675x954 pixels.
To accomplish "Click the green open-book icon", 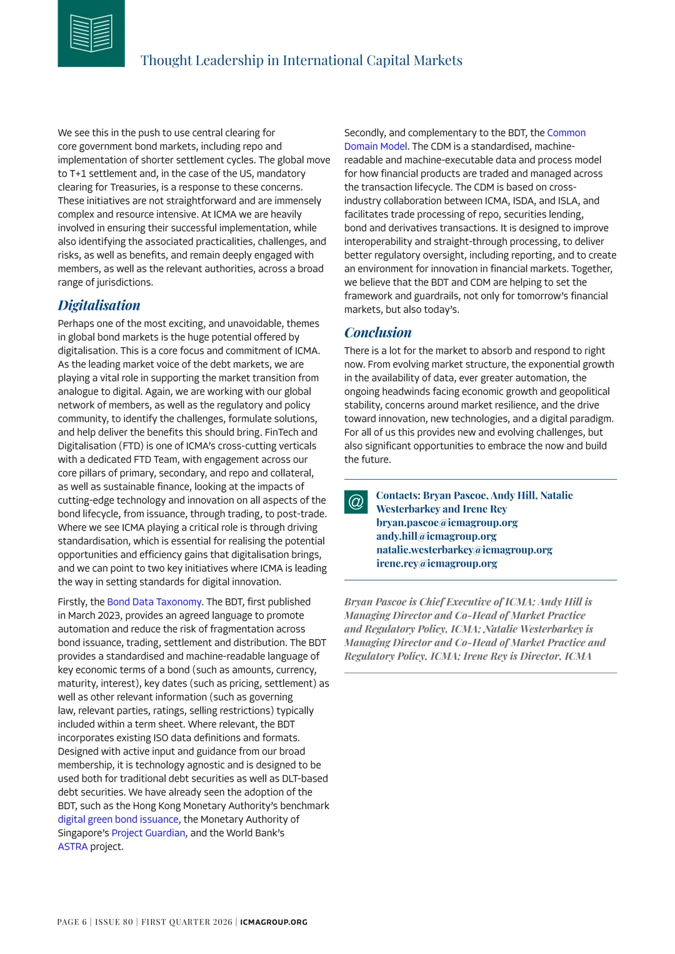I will tap(91, 33).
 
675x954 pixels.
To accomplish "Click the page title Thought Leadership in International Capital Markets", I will tap(301, 61).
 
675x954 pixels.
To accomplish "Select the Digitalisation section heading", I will tap(99, 306).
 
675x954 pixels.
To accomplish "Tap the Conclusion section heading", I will tap(377, 333).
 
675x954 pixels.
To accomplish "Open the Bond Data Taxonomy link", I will tap(155, 602).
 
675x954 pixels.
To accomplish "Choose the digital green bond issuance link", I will tap(118, 819).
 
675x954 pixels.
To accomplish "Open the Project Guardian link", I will tap(148, 833).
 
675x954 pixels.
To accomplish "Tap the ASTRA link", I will tap(72, 847).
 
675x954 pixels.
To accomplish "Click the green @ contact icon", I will tap(356, 502).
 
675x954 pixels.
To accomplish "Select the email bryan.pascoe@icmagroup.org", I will tap(447, 522).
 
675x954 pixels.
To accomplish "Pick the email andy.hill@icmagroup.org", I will tap(436, 536).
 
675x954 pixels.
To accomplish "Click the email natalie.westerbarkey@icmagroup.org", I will tap(464, 550).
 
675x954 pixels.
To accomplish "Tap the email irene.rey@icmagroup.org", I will tap(437, 564).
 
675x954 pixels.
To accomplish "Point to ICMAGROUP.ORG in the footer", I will tap(274, 922).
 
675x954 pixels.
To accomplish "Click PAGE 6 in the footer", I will tap(72, 922).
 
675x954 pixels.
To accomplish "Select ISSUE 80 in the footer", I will tap(114, 922).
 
